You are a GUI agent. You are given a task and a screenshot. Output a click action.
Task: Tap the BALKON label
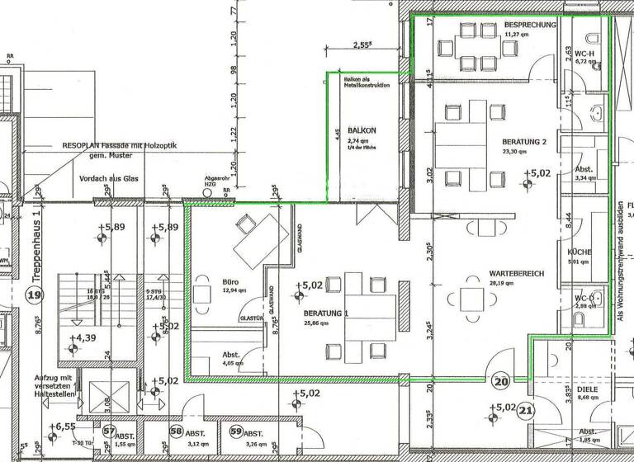(362, 130)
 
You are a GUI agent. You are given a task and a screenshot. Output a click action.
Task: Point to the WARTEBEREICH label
(509, 271)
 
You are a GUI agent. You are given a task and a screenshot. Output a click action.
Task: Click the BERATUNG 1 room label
(326, 314)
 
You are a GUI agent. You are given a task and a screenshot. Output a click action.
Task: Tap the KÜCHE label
(580, 252)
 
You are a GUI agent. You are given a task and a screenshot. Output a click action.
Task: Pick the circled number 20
(501, 381)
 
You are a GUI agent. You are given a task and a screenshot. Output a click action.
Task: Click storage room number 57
(109, 431)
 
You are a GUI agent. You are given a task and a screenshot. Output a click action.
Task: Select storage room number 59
(236, 431)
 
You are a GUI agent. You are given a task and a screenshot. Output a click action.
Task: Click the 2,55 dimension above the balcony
(361, 46)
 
